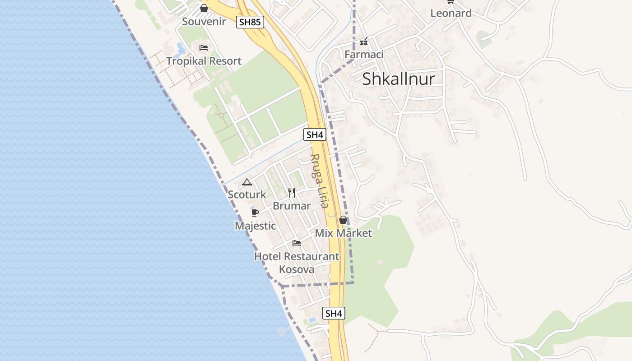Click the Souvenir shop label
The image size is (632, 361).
[204, 22]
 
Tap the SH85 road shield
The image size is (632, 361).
[250, 22]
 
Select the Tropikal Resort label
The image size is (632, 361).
[204, 61]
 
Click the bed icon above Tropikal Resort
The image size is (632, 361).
[204, 47]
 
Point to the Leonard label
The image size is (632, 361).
[451, 13]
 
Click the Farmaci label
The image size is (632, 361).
[364, 55]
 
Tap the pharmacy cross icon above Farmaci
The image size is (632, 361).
[364, 43]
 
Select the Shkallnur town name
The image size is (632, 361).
[399, 79]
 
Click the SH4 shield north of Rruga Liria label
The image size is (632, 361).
[315, 134]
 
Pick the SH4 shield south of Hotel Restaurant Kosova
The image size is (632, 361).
[334, 313]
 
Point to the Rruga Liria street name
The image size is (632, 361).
[318, 181]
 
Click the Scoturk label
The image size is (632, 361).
[247, 195]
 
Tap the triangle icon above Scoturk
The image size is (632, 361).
[246, 182]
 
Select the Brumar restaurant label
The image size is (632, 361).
[292, 206]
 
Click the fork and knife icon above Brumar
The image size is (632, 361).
[292, 193]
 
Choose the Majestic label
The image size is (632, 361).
[255, 226]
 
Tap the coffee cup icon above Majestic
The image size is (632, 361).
[255, 213]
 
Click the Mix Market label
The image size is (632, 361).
[343, 233]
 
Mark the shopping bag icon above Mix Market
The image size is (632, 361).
[343, 220]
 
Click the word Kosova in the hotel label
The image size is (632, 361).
[297, 269]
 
